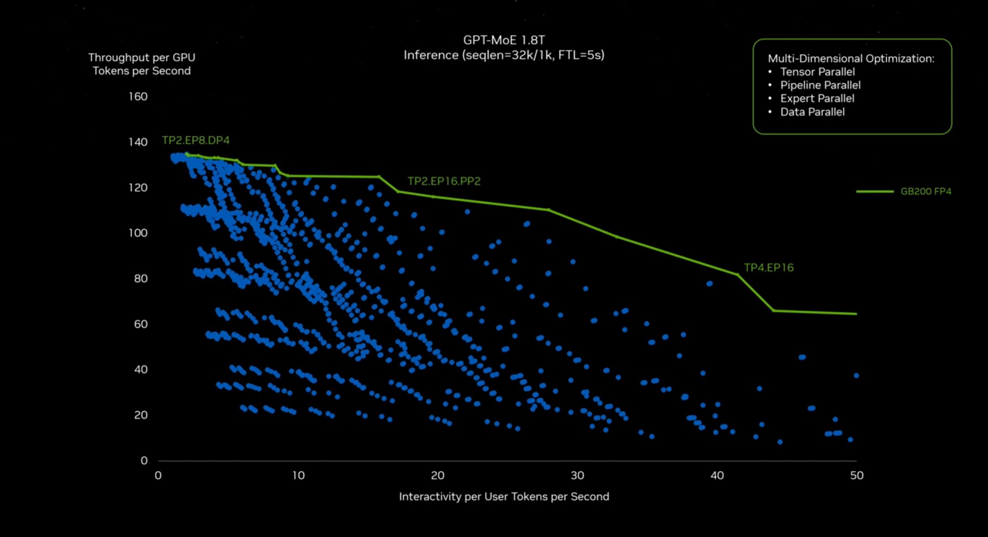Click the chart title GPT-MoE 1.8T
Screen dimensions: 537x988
coord(504,40)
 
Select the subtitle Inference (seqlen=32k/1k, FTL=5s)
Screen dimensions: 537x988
coord(504,55)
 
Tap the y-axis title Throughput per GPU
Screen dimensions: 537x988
coord(142,57)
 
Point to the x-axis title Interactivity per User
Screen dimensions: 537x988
coord(504,496)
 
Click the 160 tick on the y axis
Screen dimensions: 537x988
coord(138,96)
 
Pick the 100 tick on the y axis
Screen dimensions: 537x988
coord(138,233)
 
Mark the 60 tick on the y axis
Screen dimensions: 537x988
coord(141,324)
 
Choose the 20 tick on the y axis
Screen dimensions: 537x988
coord(141,415)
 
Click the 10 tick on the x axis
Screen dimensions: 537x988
coord(298,475)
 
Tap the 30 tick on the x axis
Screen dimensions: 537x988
coord(577,475)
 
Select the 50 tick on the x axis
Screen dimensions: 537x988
coord(857,475)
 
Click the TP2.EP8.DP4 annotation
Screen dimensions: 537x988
coord(195,140)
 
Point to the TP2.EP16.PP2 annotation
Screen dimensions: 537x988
coord(444,181)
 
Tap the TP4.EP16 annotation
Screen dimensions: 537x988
coord(769,267)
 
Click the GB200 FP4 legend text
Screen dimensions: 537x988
coord(926,191)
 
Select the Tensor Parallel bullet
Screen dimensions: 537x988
coord(817,72)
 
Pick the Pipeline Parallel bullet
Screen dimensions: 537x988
coord(820,85)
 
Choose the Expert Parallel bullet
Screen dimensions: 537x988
coord(817,98)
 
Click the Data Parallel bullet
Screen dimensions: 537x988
coord(812,112)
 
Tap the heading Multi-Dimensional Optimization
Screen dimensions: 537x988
coord(851,58)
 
